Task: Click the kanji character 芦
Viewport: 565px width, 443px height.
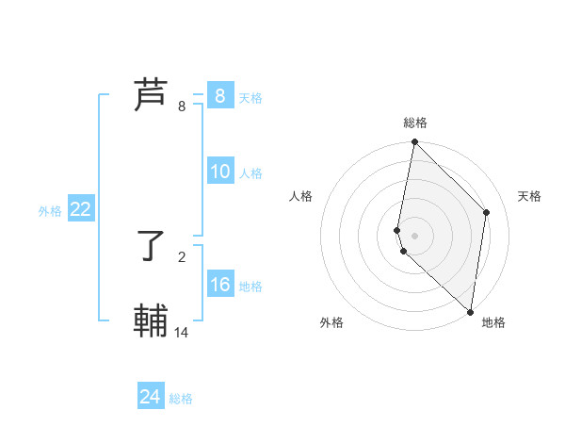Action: click(x=151, y=95)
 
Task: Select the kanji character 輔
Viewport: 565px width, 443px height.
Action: click(x=151, y=321)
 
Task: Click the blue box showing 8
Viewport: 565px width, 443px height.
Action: click(x=219, y=95)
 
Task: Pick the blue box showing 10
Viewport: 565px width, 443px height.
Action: click(x=219, y=172)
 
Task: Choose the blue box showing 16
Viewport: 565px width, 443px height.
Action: click(x=219, y=285)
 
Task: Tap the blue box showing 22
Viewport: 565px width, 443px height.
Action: click(x=80, y=209)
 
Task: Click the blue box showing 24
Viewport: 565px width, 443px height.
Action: click(x=151, y=397)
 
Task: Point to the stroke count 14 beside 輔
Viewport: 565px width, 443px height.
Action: click(x=182, y=333)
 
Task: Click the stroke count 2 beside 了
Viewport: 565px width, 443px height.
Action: click(x=182, y=256)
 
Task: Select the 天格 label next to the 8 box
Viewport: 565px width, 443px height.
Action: click(x=250, y=97)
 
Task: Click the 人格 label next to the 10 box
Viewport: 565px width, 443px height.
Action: click(x=250, y=173)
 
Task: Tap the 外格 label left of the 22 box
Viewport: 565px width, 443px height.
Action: click(x=50, y=211)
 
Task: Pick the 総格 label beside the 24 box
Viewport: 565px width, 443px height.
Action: click(x=181, y=399)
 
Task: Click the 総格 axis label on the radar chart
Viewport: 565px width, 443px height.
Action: click(x=415, y=123)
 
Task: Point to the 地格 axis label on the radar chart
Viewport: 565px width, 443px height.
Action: click(x=493, y=322)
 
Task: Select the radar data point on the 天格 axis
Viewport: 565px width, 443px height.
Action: click(x=487, y=212)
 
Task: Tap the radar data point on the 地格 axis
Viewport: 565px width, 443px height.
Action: click(x=470, y=311)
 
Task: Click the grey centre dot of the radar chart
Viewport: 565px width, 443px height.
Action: click(x=415, y=235)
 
